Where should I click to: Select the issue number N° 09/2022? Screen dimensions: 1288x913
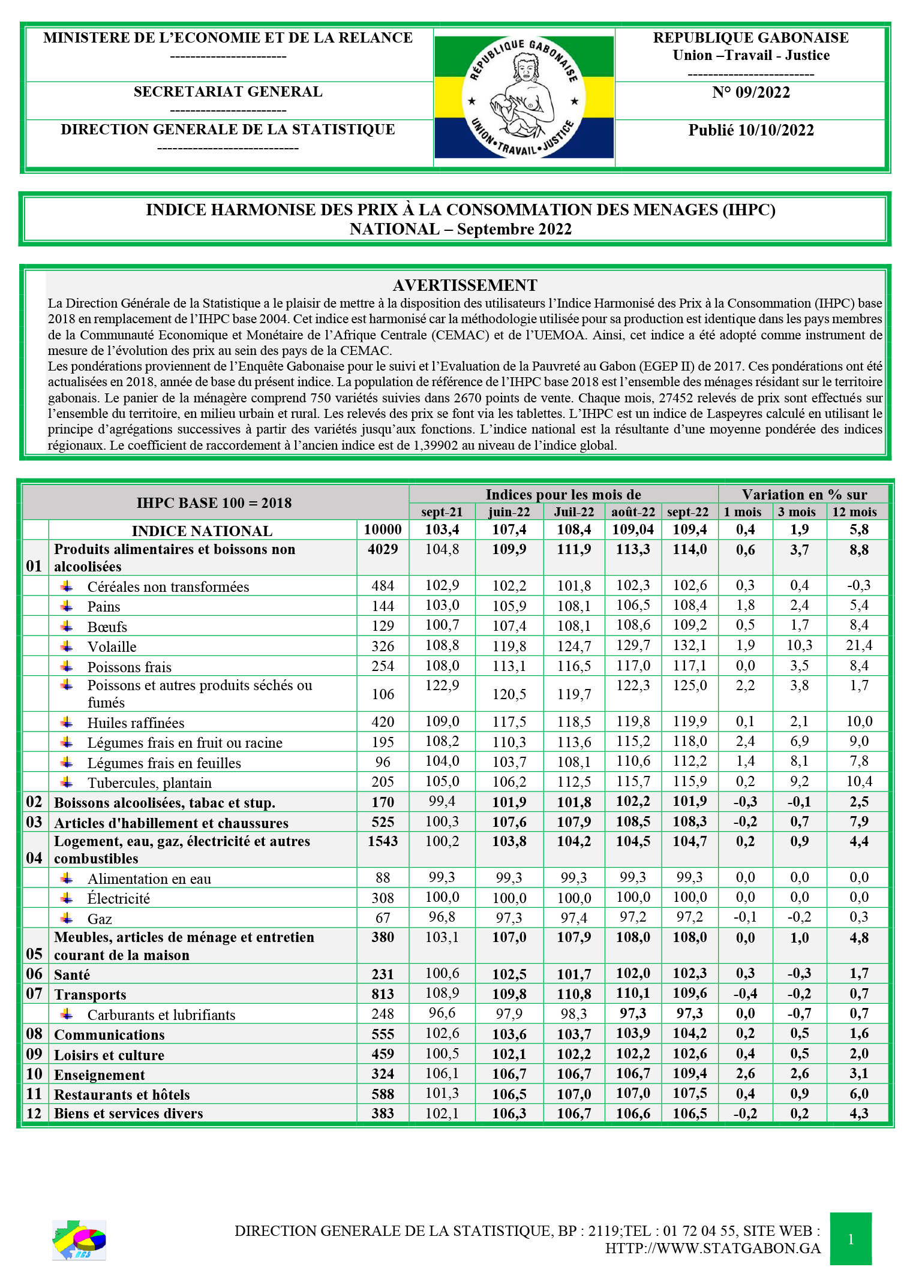750,92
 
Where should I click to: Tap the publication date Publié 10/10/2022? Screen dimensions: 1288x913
750,130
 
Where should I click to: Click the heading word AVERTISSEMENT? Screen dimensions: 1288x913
465,285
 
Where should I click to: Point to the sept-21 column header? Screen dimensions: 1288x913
442,512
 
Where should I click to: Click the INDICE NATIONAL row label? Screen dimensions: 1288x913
202,531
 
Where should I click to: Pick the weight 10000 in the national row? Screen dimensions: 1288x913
383,529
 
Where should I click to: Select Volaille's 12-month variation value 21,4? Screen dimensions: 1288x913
859,645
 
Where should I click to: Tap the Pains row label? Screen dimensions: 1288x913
104,607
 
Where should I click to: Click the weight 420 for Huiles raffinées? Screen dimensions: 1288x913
383,722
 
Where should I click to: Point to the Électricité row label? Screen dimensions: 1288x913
119,898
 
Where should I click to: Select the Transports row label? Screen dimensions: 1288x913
90,995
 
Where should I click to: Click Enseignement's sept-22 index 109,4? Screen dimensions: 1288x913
689,1073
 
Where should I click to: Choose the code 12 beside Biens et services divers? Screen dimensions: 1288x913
34,1114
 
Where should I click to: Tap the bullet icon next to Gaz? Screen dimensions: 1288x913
67,918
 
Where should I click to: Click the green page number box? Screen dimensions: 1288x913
850,1239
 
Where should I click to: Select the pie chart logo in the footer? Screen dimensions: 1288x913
79,1240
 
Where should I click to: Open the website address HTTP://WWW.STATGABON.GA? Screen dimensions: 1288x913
713,1248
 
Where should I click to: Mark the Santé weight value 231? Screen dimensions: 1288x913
383,974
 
